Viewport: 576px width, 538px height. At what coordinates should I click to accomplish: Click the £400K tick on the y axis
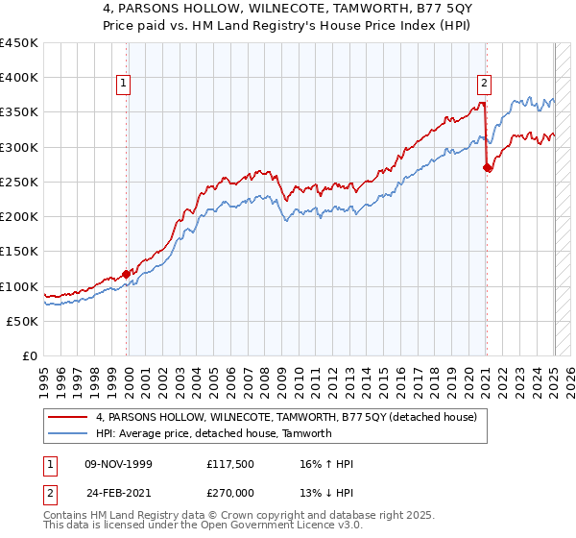tap(20, 78)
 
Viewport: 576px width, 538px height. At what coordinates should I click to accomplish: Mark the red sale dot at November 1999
tap(127, 274)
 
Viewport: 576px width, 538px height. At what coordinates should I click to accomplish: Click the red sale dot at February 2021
tap(487, 168)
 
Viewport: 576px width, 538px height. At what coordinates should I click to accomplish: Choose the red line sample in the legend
tap(68, 418)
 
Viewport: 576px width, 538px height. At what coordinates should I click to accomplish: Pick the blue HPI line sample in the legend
tap(68, 433)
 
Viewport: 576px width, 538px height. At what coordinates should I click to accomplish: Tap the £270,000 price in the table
tap(230, 491)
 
